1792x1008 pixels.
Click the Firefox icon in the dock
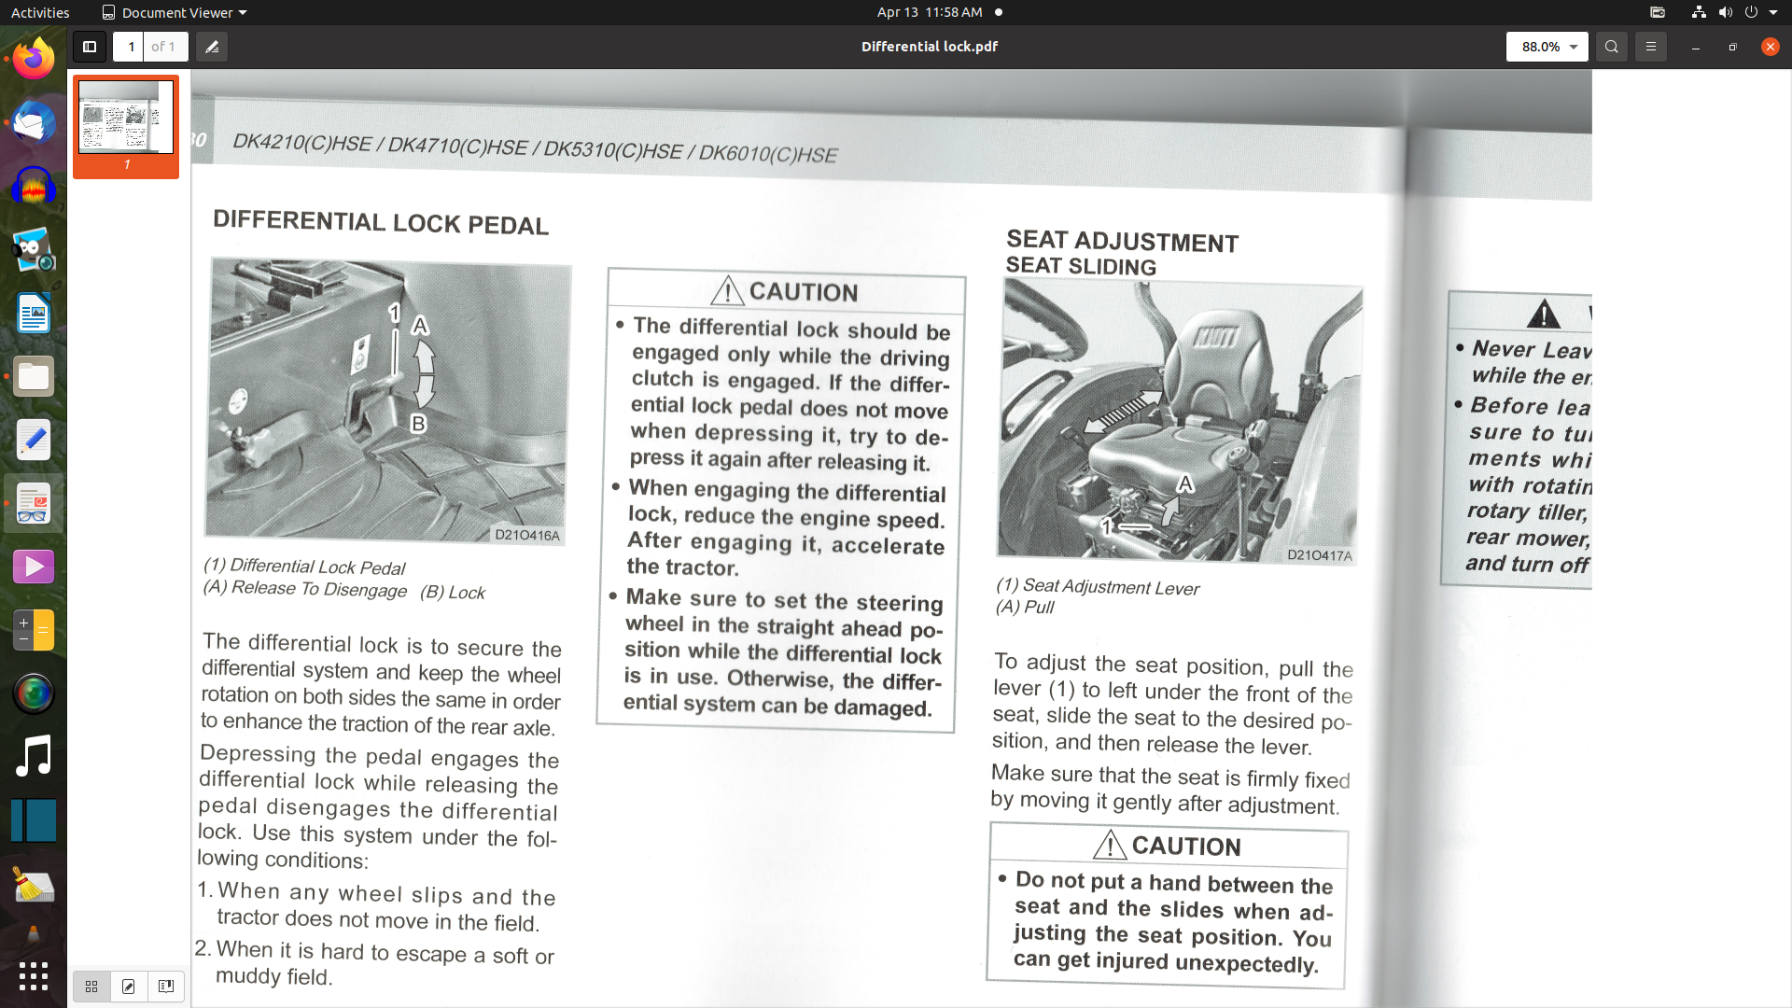pos(34,59)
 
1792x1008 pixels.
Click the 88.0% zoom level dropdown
pos(1547,47)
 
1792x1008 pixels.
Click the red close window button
pos(1770,47)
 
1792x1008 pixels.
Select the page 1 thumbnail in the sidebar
pos(126,118)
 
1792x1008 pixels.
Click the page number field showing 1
pos(131,47)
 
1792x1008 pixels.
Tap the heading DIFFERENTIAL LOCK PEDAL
pos(381,223)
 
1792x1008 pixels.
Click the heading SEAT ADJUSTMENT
pos(1122,242)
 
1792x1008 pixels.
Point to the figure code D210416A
pos(527,535)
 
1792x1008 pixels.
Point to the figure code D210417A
pos(1319,555)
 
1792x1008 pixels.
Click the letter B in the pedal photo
pos(418,424)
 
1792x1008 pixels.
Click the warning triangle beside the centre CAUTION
pos(727,291)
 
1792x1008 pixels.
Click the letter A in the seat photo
pos(1185,483)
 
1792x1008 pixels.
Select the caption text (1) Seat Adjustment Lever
pos(1098,586)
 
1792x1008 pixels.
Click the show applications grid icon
pos(34,976)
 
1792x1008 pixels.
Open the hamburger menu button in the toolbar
pos(1650,47)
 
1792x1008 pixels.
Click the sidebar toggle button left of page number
pos(90,47)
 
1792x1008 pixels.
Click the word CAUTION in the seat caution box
pos(1186,847)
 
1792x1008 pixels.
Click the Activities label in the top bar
pos(40,12)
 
